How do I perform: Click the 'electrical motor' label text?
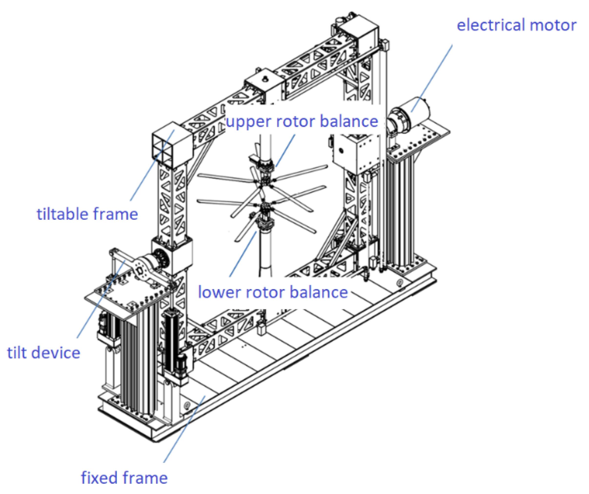[x=516, y=25]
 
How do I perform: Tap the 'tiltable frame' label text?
[x=88, y=214]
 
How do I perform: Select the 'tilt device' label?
[x=44, y=353]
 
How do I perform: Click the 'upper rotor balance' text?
[x=302, y=121]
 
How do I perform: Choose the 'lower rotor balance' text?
[x=273, y=292]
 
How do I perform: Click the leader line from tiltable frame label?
[x=152, y=165]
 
